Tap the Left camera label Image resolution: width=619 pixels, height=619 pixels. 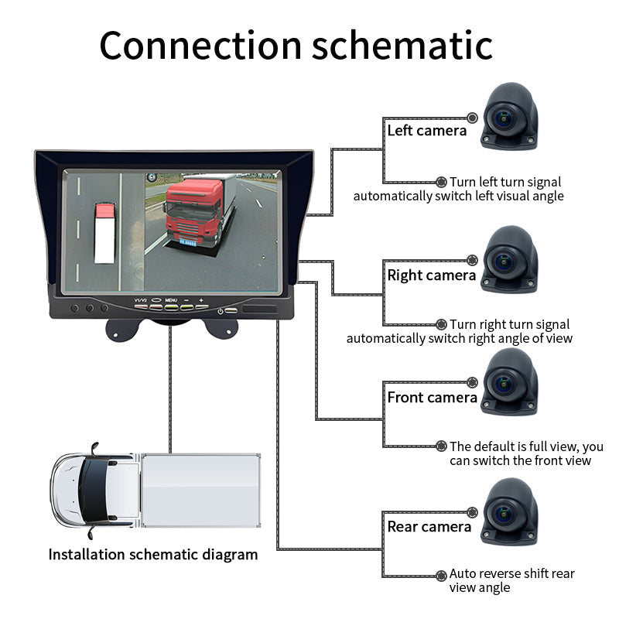click(x=426, y=131)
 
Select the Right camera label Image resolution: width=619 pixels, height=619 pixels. click(x=431, y=275)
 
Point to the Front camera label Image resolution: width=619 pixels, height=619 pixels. click(x=432, y=398)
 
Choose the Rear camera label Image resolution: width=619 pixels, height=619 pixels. click(x=429, y=527)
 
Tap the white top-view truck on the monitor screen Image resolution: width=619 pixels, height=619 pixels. click(x=104, y=232)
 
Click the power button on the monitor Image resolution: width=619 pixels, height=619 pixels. click(x=222, y=311)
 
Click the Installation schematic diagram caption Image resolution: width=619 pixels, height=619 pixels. click(x=152, y=555)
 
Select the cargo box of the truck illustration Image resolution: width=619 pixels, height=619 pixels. click(x=201, y=491)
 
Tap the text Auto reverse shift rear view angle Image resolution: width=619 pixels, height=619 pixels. click(x=511, y=580)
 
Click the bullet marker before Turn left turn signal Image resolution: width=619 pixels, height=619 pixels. click(x=441, y=182)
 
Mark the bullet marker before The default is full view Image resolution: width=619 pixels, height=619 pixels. click(x=441, y=446)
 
